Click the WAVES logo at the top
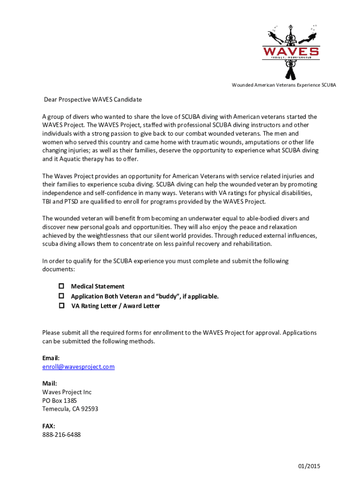pyautogui.click(x=291, y=51)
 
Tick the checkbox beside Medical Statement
pyautogui.click(x=61, y=286)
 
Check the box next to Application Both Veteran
pyautogui.click(x=61, y=296)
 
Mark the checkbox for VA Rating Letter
pyautogui.click(x=61, y=306)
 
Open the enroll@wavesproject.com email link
pyautogui.click(x=78, y=367)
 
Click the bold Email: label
pyautogui.click(x=51, y=358)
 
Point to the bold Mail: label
pyautogui.click(x=50, y=384)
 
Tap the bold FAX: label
pyautogui.click(x=49, y=426)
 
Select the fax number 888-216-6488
pyautogui.click(x=61, y=435)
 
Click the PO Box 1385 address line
pyautogui.click(x=59, y=400)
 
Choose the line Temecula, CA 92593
pyautogui.click(x=70, y=409)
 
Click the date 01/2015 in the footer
pyautogui.click(x=309, y=466)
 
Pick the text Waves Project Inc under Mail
pyautogui.click(x=67, y=392)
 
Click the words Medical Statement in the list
pyautogui.click(x=98, y=286)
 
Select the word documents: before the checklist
pyautogui.click(x=58, y=270)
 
